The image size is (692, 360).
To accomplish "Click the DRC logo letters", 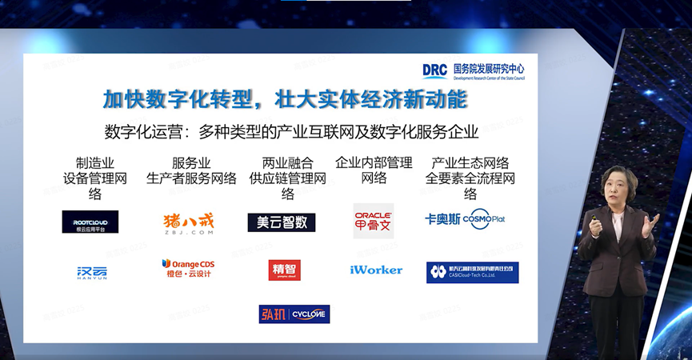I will [435, 70].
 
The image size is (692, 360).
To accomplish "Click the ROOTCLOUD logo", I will [90, 222].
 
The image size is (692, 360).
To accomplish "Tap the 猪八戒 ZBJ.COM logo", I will [188, 221].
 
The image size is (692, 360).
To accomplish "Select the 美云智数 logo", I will [282, 222].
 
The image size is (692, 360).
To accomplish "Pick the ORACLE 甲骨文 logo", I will [374, 221].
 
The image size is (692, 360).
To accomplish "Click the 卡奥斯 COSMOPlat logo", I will [465, 219].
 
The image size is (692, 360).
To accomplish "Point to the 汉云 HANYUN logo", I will [91, 272].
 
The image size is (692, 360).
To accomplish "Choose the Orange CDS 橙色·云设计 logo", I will [188, 268].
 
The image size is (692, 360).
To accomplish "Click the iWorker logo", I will [376, 270].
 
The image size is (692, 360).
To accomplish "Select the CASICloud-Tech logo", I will [472, 272].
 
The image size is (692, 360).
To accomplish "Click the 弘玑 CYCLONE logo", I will [294, 314].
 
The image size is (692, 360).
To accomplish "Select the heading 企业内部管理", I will [374, 162].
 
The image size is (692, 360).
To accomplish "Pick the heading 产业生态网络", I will [470, 162].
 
